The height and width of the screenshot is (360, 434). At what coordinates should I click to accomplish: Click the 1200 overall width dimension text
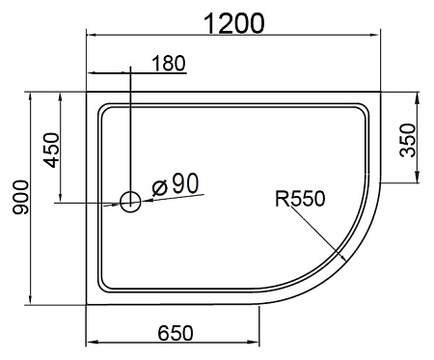pyautogui.click(x=233, y=22)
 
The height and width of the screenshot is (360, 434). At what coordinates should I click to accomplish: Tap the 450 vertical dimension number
pyautogui.click(x=52, y=150)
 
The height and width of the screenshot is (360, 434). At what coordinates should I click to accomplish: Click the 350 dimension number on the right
pyautogui.click(x=408, y=141)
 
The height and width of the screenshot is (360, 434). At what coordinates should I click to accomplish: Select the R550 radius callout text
pyautogui.click(x=300, y=199)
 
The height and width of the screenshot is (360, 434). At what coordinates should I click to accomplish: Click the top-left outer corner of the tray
pyautogui.click(x=88, y=94)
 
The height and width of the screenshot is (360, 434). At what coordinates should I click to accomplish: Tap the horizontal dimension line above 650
pyautogui.click(x=175, y=343)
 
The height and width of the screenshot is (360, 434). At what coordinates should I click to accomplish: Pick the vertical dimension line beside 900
pyautogui.click(x=31, y=198)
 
